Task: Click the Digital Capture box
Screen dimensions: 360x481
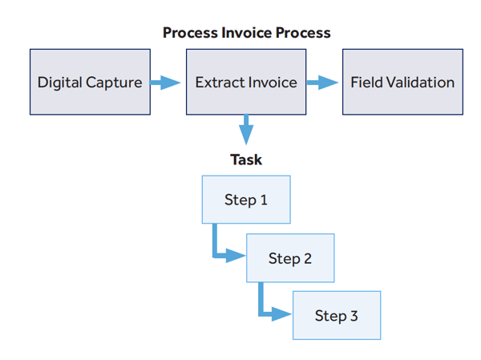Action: tap(90, 82)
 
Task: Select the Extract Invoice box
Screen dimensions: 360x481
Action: tap(246, 82)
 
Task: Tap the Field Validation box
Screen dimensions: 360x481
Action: tap(402, 82)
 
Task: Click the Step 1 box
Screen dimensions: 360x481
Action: tap(245, 200)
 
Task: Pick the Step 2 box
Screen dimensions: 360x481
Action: tap(289, 258)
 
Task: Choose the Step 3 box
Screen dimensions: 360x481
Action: tap(336, 316)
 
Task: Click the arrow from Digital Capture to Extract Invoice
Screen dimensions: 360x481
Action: tap(166, 82)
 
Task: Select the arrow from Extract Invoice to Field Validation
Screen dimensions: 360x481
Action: tap(322, 82)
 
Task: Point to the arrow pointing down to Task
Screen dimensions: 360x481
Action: tap(246, 130)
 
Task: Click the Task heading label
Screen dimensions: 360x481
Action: tap(246, 160)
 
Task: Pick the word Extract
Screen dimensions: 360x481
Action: tap(219, 82)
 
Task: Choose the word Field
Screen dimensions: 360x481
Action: tap(366, 82)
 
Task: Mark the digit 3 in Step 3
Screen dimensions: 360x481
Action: tap(354, 316)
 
